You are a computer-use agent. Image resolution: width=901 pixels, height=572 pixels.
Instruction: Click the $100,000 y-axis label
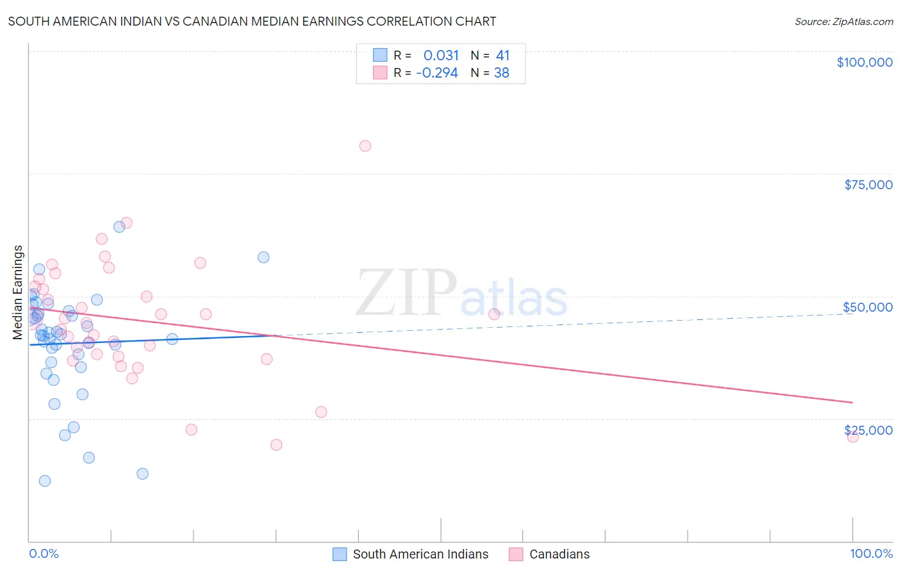pyautogui.click(x=864, y=62)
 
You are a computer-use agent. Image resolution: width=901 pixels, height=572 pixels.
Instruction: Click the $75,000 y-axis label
pyautogui.click(x=868, y=185)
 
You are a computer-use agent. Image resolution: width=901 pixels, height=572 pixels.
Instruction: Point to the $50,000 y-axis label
pyautogui.click(x=868, y=307)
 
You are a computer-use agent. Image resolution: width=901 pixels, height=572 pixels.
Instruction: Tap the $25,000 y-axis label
pyautogui.click(x=868, y=430)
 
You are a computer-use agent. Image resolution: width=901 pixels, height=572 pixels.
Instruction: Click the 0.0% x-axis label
pyautogui.click(x=44, y=554)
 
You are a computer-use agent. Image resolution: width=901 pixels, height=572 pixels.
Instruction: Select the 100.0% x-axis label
pyautogui.click(x=871, y=554)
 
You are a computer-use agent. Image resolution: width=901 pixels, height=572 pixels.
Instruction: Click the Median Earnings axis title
pyautogui.click(x=18, y=292)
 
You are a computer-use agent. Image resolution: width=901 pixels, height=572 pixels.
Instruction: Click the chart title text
pyautogui.click(x=252, y=21)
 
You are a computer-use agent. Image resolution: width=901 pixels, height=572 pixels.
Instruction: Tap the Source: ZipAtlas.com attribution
pyautogui.click(x=843, y=22)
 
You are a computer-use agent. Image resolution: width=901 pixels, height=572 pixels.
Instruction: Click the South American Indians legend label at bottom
pyautogui.click(x=420, y=554)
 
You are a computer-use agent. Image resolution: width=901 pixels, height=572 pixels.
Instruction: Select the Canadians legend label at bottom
pyautogui.click(x=559, y=554)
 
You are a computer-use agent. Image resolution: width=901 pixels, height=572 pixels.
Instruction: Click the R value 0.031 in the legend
pyautogui.click(x=441, y=55)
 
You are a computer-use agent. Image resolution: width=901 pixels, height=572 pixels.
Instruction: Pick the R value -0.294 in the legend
pyautogui.click(x=437, y=73)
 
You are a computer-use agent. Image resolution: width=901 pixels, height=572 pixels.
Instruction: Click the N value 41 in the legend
pyautogui.click(x=502, y=55)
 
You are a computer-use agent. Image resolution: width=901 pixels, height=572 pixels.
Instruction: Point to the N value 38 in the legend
pyautogui.click(x=501, y=73)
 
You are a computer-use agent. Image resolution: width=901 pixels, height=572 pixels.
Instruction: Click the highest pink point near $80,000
pyautogui.click(x=365, y=146)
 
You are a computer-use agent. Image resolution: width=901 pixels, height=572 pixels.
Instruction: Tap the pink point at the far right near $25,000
pyautogui.click(x=852, y=437)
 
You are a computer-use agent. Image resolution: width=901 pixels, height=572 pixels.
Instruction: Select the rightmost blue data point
pyautogui.click(x=263, y=257)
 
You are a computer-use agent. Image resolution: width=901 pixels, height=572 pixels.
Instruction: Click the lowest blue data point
pyautogui.click(x=45, y=481)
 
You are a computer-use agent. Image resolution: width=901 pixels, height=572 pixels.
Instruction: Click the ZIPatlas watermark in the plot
pyautogui.click(x=461, y=294)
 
